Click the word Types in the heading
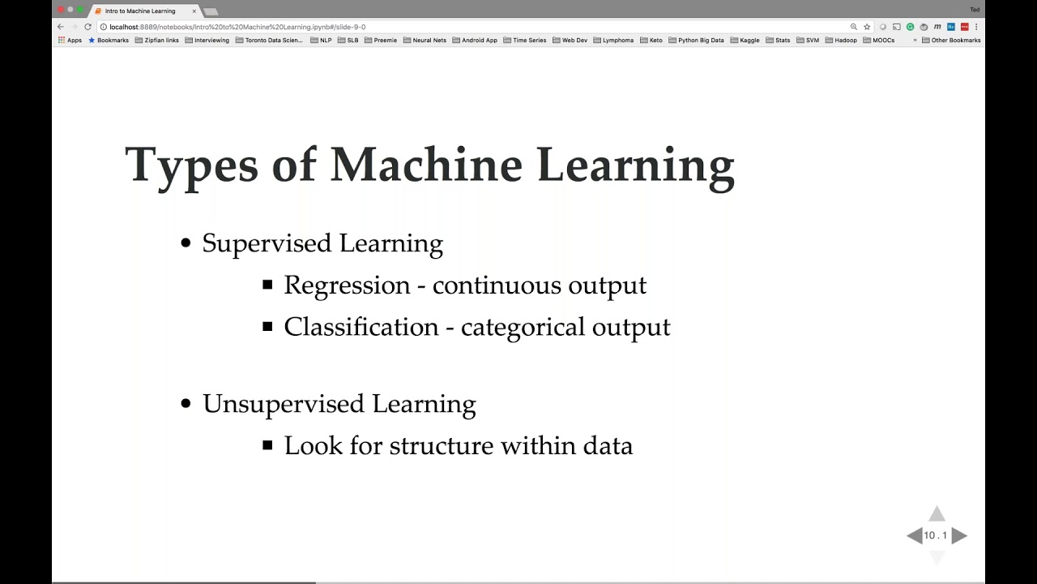point(191,165)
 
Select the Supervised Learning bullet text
point(322,243)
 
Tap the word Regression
point(347,286)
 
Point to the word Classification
point(361,327)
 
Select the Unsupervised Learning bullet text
point(339,404)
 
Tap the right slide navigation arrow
point(959,535)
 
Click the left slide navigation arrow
point(915,535)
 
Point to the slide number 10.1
point(936,535)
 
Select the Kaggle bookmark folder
point(745,40)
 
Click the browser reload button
point(88,27)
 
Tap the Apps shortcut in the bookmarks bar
point(70,40)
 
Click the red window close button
point(60,10)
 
